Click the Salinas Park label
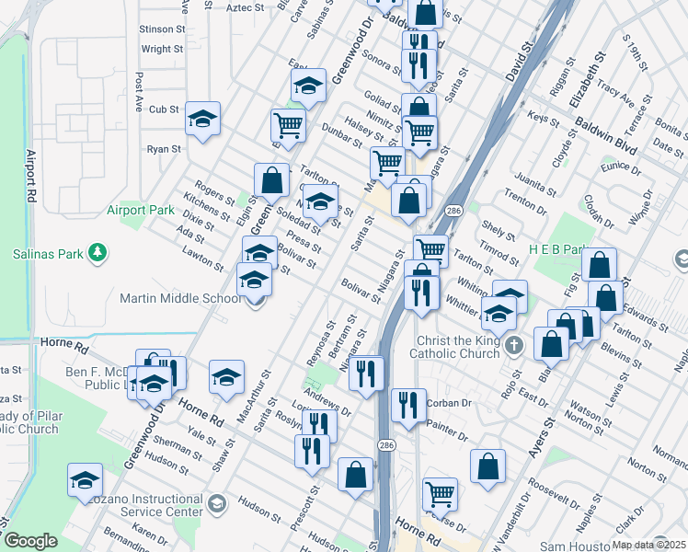point(47,253)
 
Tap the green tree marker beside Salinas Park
point(97,253)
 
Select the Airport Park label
point(140,210)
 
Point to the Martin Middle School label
point(179,297)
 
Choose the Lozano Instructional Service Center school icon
point(216,503)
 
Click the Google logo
point(30,541)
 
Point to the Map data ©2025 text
point(648,545)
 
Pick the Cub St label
point(164,109)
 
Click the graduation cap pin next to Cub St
point(202,118)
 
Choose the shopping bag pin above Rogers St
point(271,179)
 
